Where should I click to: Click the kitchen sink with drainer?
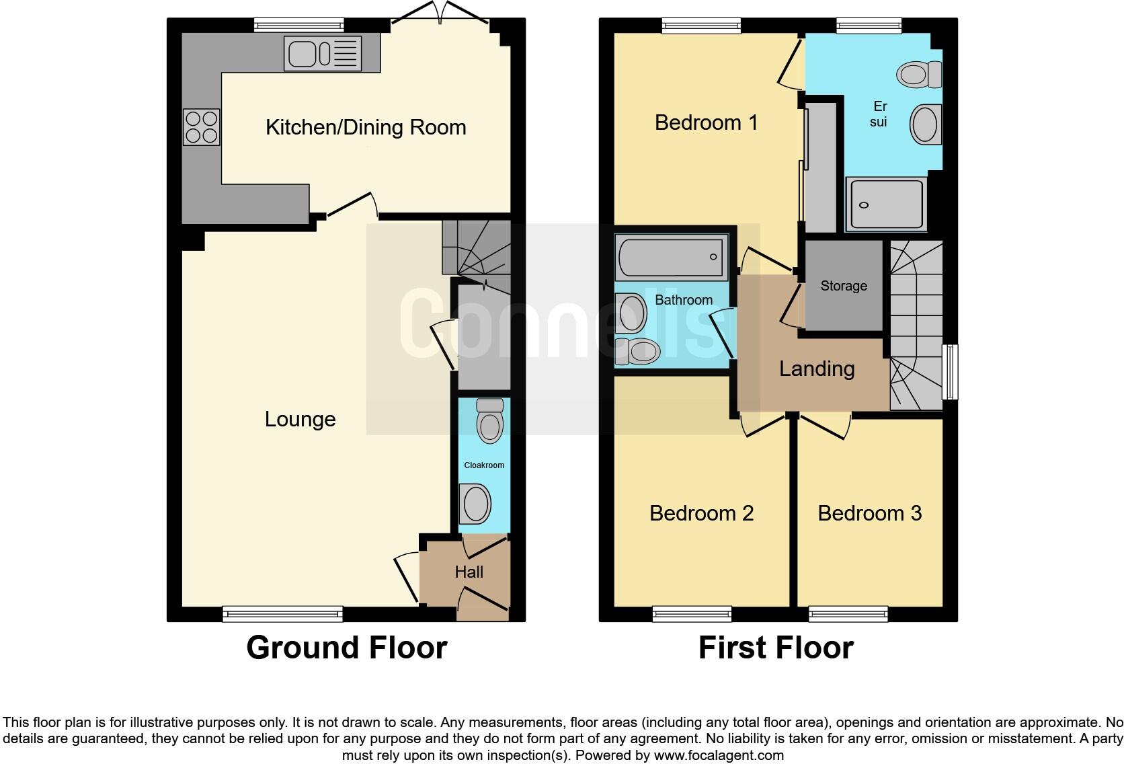[x=323, y=53]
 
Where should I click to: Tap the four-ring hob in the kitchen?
[x=202, y=127]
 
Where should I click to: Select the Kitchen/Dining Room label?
[x=366, y=127]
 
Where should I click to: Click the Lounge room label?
[x=300, y=419]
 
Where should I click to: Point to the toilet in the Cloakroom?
[x=489, y=421]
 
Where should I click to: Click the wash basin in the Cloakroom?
[x=475, y=504]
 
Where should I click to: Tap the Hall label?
[x=469, y=572]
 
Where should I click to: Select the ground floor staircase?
[x=477, y=249]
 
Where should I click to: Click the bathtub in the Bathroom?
[x=672, y=257]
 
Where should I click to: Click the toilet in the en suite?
[x=919, y=74]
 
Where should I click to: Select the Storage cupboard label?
[x=844, y=286]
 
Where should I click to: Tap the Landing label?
[x=817, y=369]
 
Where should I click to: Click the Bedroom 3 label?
[x=869, y=513]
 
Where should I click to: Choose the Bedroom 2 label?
[x=701, y=513]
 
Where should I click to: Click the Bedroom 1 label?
[x=706, y=122]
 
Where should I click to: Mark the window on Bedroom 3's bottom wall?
[x=848, y=613]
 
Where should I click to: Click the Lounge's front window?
[x=282, y=613]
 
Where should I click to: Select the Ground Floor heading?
[x=346, y=648]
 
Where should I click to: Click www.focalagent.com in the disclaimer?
[x=718, y=755]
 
